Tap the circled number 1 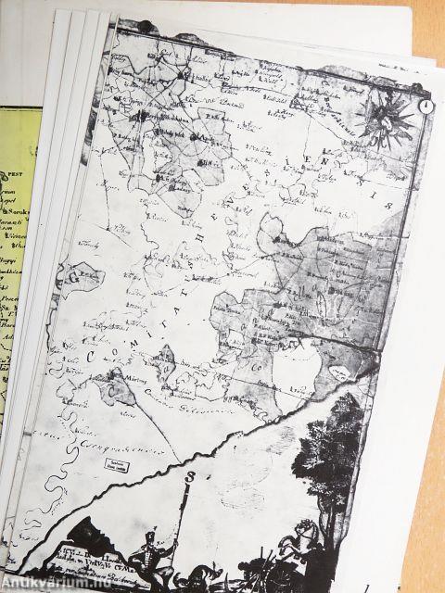[424, 106]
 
